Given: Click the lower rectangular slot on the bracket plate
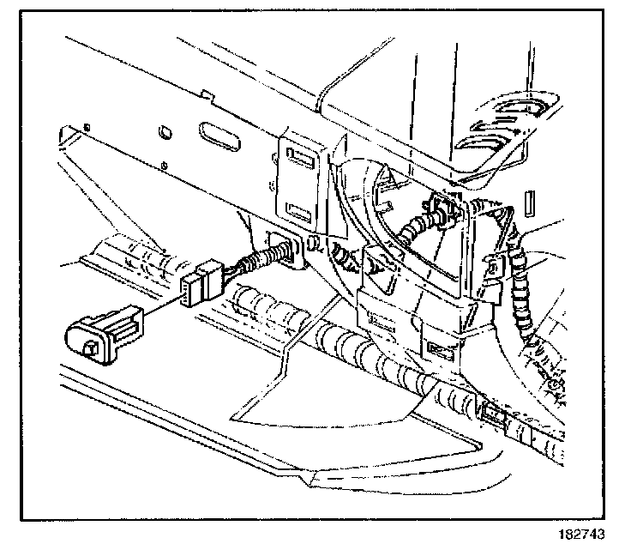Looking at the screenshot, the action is [298, 209].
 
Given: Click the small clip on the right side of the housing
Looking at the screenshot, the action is [496, 268].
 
